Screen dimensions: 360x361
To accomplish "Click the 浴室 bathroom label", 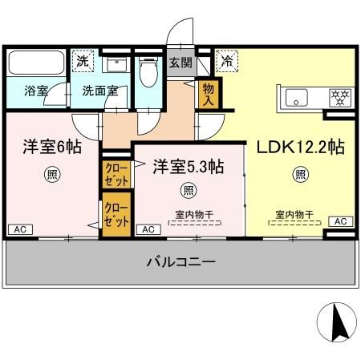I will coord(36,91).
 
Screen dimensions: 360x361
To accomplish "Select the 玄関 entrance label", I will coord(180,63).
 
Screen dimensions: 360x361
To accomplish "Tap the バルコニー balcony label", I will coord(180,261).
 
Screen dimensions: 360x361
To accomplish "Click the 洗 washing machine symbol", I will coord(82,61).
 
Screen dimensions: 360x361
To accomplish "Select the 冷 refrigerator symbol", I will coord(227,61).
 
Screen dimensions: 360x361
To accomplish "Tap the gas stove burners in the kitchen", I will coord(342,98).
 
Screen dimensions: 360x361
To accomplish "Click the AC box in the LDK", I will coord(339,220).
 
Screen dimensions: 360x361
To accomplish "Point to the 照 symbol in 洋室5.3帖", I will coord(189,190).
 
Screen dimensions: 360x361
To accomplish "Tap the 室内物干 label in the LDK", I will coord(294,214).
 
